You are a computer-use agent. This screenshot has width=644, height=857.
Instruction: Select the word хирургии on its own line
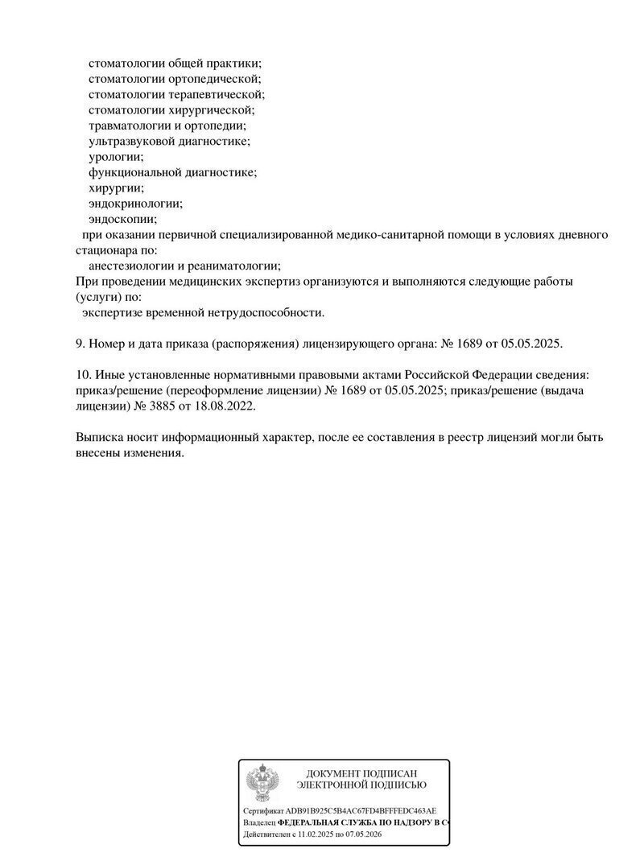tap(116, 187)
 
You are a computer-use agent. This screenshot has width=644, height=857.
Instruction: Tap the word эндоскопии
tap(123, 219)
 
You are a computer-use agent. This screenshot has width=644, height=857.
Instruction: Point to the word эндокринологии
tap(135, 204)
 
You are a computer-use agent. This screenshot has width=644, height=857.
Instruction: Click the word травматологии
tap(134, 126)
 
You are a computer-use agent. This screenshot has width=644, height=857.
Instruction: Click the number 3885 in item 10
tap(160, 406)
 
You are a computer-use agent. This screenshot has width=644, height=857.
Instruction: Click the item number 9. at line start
tap(80, 344)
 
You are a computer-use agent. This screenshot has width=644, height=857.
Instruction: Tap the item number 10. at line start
tap(84, 376)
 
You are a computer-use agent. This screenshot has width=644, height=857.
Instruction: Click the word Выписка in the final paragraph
tap(99, 438)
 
